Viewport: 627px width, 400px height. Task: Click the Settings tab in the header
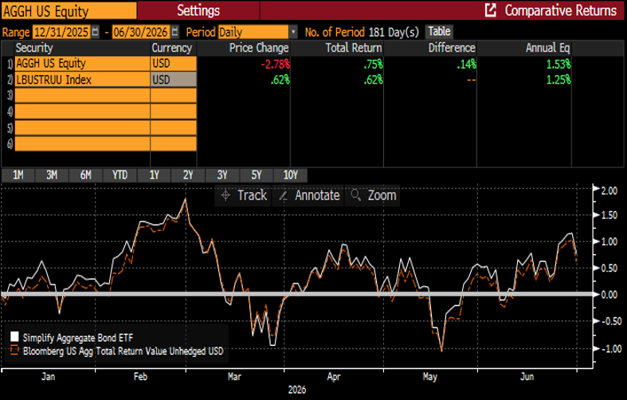click(198, 10)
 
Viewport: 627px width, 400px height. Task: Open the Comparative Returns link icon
click(490, 10)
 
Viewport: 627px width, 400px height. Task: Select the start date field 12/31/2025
click(61, 32)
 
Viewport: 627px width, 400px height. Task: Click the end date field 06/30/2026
click(140, 32)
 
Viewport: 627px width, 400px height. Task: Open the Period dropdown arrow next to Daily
click(293, 32)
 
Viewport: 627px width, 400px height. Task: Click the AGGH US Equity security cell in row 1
click(82, 64)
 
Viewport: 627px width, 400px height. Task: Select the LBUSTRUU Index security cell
click(82, 80)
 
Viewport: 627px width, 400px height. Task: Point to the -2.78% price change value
click(275, 64)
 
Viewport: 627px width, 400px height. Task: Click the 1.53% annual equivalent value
click(558, 64)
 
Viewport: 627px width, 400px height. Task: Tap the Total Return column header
click(354, 48)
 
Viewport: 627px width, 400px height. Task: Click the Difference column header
click(452, 48)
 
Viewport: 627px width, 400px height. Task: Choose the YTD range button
click(120, 175)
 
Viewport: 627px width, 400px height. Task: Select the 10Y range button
click(291, 175)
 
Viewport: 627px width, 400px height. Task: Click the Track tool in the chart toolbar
click(244, 195)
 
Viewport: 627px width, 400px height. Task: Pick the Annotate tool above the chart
click(308, 195)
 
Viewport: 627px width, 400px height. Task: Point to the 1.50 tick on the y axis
click(609, 215)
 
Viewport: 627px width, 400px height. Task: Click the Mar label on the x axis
click(234, 377)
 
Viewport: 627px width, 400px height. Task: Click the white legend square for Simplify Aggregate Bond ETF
click(14, 336)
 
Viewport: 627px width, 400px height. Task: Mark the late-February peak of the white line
click(185, 198)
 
